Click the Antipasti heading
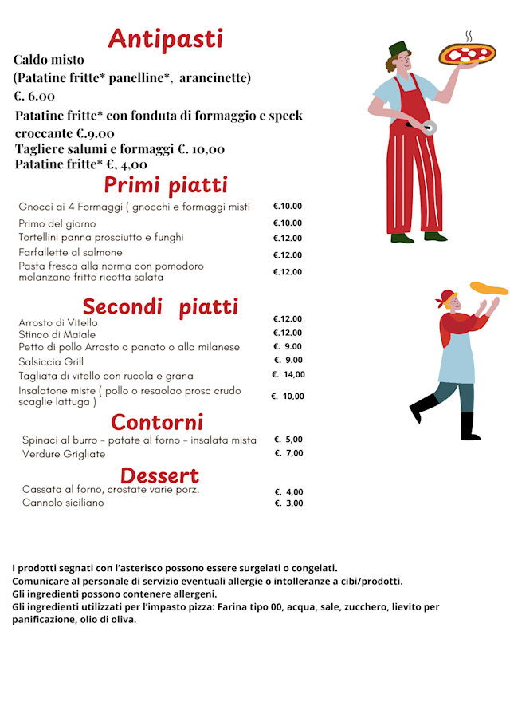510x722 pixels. point(166,38)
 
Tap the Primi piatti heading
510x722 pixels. point(166,185)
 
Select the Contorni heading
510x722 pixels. point(157,421)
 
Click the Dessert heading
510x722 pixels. point(159,475)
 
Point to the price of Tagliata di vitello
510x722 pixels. point(288,375)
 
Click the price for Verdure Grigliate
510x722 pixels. point(288,453)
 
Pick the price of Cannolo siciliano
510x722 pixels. point(288,503)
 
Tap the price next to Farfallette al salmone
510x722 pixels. point(288,255)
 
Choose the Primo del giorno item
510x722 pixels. point(57,224)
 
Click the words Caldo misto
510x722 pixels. point(49,60)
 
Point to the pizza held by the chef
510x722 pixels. point(467,54)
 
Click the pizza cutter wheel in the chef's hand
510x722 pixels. point(430,128)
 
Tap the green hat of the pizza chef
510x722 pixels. point(398,48)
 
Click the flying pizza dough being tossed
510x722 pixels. point(488,288)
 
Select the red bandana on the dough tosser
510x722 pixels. point(445,297)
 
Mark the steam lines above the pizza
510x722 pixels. point(469,36)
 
